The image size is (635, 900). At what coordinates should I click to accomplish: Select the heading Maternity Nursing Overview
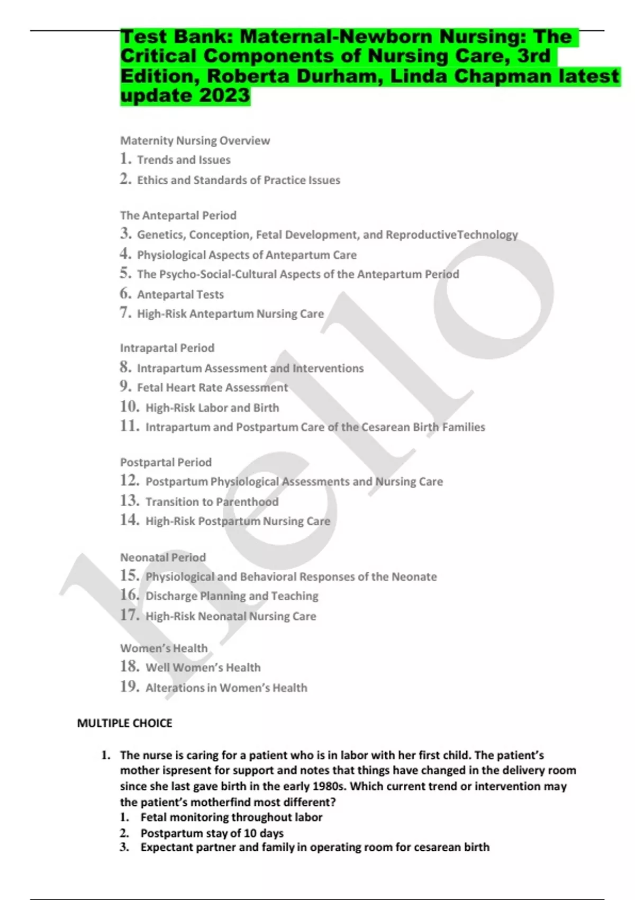tap(195, 141)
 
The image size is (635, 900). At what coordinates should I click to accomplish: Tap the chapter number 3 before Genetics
tap(125, 233)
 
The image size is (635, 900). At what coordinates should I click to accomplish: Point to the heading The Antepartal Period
tap(178, 215)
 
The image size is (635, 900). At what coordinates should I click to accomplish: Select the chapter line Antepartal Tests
tap(180, 294)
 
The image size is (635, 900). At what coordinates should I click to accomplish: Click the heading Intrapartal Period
tap(167, 348)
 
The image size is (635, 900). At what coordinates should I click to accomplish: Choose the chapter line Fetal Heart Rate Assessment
tap(212, 388)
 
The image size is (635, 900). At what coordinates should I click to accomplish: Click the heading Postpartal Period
tap(166, 462)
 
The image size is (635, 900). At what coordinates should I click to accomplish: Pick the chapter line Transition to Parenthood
tap(212, 502)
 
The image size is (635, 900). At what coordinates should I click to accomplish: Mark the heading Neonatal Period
tap(162, 557)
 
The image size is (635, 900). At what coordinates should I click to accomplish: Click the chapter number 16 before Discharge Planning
tap(130, 595)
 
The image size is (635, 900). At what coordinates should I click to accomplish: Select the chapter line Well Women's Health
tap(203, 668)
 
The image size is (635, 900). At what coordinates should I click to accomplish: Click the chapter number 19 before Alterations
tap(130, 687)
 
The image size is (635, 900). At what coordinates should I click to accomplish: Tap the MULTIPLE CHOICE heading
tap(124, 723)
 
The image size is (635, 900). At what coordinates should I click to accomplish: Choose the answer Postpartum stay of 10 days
tap(212, 833)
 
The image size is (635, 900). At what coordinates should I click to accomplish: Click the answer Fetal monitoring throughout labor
tap(231, 817)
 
